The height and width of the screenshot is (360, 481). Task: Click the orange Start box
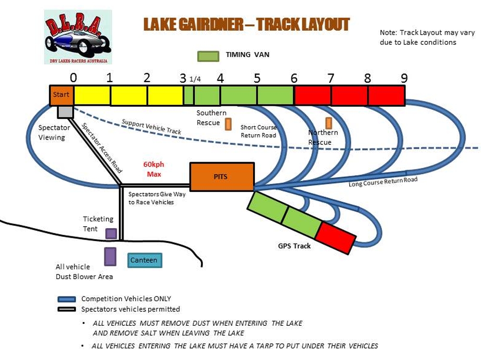(61, 95)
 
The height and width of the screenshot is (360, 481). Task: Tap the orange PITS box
(222, 177)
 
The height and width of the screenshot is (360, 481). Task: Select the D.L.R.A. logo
(78, 37)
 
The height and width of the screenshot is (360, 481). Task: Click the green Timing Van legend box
(208, 55)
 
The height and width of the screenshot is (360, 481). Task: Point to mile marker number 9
(404, 78)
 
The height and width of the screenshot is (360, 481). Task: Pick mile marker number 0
(73, 78)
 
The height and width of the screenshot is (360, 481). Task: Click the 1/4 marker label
(195, 79)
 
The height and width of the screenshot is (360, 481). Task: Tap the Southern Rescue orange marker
(228, 124)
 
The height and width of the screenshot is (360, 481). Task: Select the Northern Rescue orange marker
(329, 123)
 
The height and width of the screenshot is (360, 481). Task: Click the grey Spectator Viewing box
(65, 112)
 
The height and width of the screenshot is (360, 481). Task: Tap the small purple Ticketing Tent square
(111, 233)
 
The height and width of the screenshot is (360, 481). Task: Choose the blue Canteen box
(144, 260)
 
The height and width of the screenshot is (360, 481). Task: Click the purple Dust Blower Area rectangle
(110, 257)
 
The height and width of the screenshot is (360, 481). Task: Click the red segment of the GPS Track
(336, 238)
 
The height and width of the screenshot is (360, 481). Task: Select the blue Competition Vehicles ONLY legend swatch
(67, 299)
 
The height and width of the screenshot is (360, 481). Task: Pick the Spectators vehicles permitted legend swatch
(67, 309)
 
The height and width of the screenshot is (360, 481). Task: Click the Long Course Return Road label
(383, 182)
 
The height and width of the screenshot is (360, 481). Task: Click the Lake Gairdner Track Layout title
(247, 25)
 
